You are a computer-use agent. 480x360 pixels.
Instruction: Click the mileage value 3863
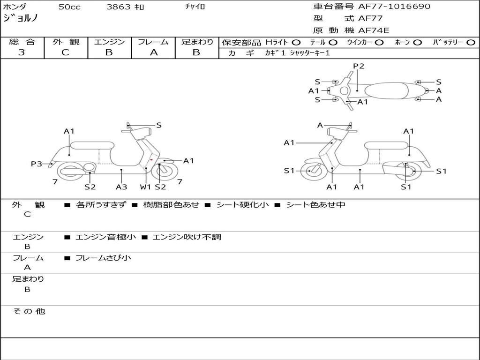(119, 7)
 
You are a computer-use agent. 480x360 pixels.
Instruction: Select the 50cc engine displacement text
(68, 7)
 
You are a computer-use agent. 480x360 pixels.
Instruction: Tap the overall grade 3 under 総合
(22, 52)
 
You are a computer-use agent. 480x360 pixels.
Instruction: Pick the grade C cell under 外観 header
(66, 52)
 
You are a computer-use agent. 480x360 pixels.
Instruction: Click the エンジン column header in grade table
(109, 42)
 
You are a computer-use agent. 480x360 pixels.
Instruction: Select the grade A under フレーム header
(153, 52)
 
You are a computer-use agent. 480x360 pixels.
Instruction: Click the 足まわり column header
(197, 42)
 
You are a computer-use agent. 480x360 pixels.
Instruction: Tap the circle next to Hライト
(296, 43)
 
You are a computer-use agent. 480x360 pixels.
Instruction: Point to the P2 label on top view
(359, 66)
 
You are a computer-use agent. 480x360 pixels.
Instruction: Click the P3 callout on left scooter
(37, 164)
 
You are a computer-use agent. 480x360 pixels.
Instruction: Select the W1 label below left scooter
(146, 187)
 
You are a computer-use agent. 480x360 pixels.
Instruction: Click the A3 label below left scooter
(121, 187)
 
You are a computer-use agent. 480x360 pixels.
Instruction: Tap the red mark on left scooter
(151, 160)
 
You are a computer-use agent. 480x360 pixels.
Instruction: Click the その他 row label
(29, 311)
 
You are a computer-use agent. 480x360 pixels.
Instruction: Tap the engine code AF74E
(374, 31)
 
